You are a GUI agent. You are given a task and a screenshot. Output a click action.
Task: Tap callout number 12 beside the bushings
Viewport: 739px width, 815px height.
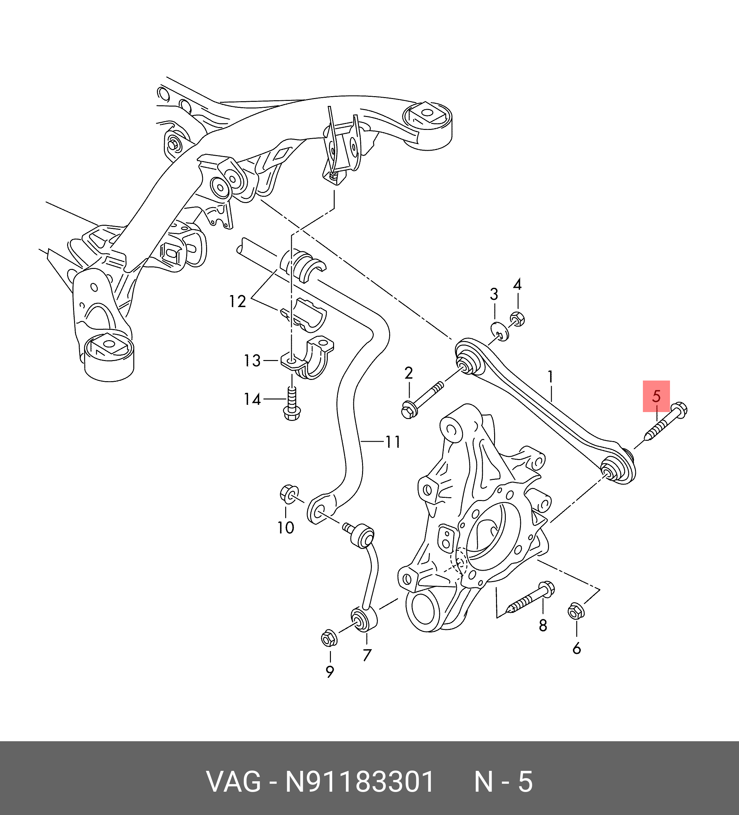[x=237, y=302]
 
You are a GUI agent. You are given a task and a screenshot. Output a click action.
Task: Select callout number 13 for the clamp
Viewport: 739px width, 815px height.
[x=252, y=361]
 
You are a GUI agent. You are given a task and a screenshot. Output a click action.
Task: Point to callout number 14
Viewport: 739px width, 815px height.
[x=252, y=399]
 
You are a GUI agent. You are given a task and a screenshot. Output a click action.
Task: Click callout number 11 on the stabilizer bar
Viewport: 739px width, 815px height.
[x=393, y=441]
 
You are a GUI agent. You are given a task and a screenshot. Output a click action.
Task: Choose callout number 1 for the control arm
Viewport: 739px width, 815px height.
[x=550, y=377]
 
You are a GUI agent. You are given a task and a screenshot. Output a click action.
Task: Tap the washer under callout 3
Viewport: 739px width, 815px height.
[x=500, y=331]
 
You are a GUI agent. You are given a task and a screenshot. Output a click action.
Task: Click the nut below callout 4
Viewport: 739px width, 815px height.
[x=517, y=319]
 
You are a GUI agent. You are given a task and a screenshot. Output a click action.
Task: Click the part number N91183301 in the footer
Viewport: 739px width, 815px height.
[x=360, y=782]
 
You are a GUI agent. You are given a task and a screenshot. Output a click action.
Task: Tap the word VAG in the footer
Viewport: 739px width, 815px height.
[x=234, y=782]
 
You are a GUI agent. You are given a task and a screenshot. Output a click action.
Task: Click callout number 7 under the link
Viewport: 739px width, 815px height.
[x=367, y=655]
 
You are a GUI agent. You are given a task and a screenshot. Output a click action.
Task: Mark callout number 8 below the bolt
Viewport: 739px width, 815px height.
[x=543, y=626]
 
